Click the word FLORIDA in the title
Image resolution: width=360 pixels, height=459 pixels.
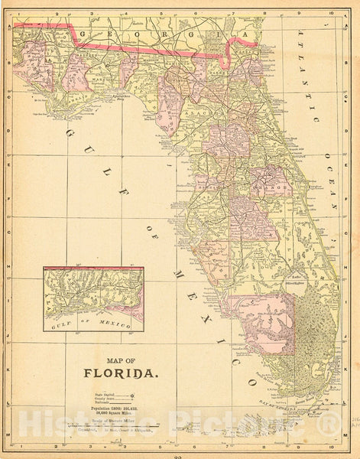pos(121,375)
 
